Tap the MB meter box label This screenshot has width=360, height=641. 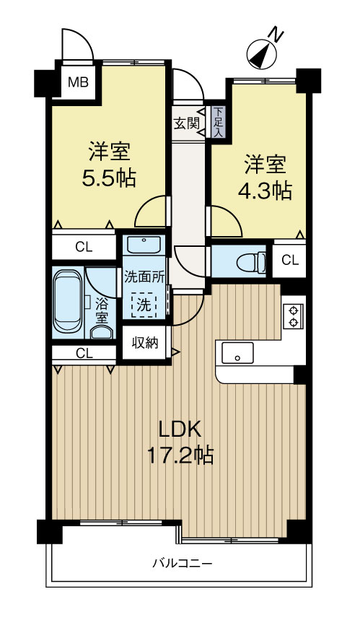(x=78, y=82)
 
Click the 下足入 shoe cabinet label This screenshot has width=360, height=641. (x=217, y=123)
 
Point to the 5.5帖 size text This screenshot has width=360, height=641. (x=109, y=177)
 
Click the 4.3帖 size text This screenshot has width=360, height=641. (x=265, y=191)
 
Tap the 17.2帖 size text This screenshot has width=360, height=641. (x=180, y=455)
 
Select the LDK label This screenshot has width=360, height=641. (x=180, y=429)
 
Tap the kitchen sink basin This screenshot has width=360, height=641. (x=237, y=354)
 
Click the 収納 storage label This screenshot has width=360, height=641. (x=144, y=342)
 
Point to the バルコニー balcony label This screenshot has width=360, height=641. (x=182, y=562)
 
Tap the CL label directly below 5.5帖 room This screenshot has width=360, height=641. (x=84, y=247)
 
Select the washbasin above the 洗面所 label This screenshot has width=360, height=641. (x=144, y=243)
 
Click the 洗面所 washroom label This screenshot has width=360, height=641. (x=144, y=276)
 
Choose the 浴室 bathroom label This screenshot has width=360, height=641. (x=102, y=311)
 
